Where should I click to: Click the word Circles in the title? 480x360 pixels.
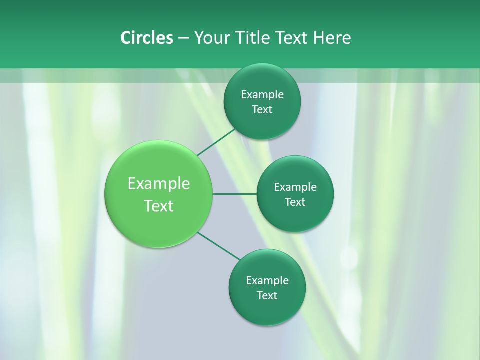tap(146, 38)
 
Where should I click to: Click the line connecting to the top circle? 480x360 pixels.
tap(216, 142)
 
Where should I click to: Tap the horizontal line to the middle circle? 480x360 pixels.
tap(234, 194)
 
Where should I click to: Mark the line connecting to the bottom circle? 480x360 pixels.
tap(219, 246)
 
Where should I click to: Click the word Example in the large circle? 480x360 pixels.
tap(159, 184)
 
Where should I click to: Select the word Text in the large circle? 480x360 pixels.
tap(159, 206)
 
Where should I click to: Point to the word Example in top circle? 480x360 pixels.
tap(262, 95)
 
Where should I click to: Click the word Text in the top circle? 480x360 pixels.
tap(262, 110)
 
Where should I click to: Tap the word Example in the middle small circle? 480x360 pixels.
tap(295, 187)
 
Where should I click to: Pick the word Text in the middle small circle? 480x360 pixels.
tap(295, 202)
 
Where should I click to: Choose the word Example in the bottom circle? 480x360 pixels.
tap(267, 281)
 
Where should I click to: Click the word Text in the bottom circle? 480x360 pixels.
tap(267, 296)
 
